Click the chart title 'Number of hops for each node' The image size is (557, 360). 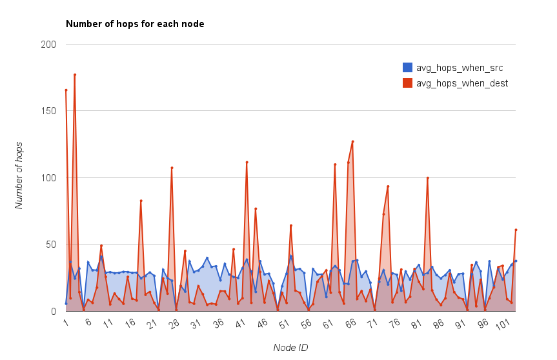click(135, 24)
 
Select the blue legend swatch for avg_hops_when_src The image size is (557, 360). click(407, 67)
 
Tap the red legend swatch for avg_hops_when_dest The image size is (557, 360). click(407, 83)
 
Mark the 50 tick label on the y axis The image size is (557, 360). click(51, 245)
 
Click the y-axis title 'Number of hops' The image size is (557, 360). click(20, 175)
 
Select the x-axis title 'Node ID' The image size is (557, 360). click(290, 348)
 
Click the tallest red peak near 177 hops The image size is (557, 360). click(75, 75)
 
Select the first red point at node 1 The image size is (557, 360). click(66, 90)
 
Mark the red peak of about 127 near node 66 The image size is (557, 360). click(352, 141)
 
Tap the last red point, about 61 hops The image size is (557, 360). click(516, 230)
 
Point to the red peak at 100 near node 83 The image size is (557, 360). click(427, 177)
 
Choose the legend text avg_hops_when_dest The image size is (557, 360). click(461, 83)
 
